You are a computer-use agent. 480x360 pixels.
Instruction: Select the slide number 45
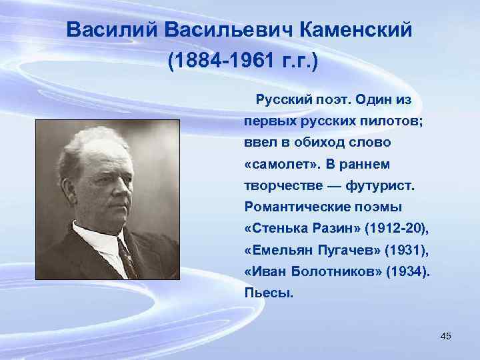pos(446,336)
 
